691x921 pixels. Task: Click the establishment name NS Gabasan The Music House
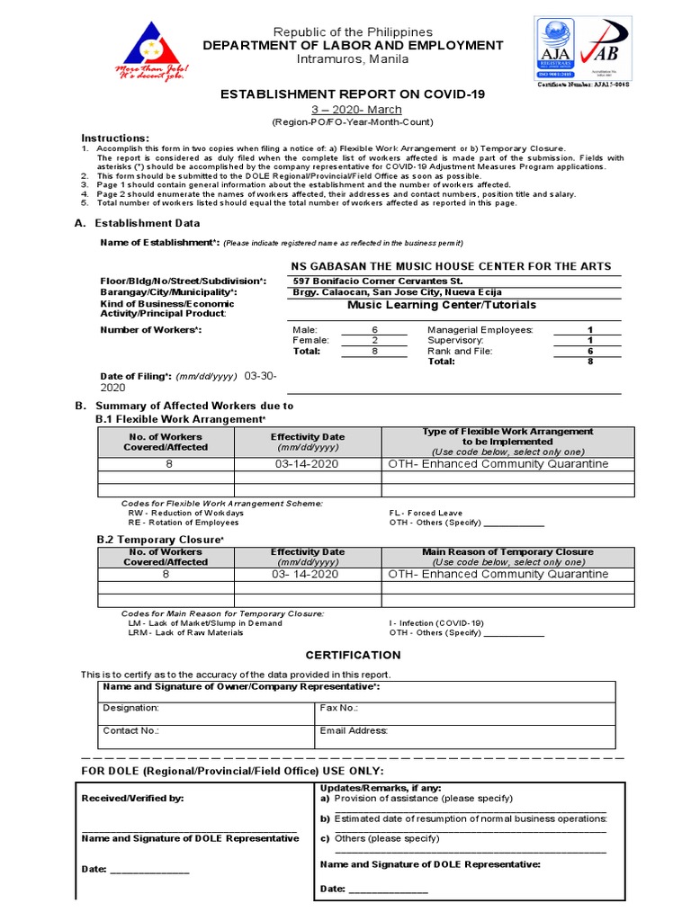[x=451, y=266]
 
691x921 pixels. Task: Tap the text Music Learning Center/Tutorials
[x=429, y=305]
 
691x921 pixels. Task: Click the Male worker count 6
[x=375, y=330]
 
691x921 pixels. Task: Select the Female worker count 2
[x=375, y=341]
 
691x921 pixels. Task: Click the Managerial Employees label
[x=480, y=330]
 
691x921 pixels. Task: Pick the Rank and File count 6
[x=590, y=351]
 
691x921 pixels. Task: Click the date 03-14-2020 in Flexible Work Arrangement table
[x=307, y=464]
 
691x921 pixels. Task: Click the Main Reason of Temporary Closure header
[x=507, y=551]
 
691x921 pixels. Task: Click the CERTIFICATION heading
[x=341, y=655]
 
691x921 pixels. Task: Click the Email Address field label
[x=354, y=731]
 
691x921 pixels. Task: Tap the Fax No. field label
[x=339, y=708]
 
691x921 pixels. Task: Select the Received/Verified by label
[x=132, y=798]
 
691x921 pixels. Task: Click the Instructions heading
[x=115, y=138]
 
